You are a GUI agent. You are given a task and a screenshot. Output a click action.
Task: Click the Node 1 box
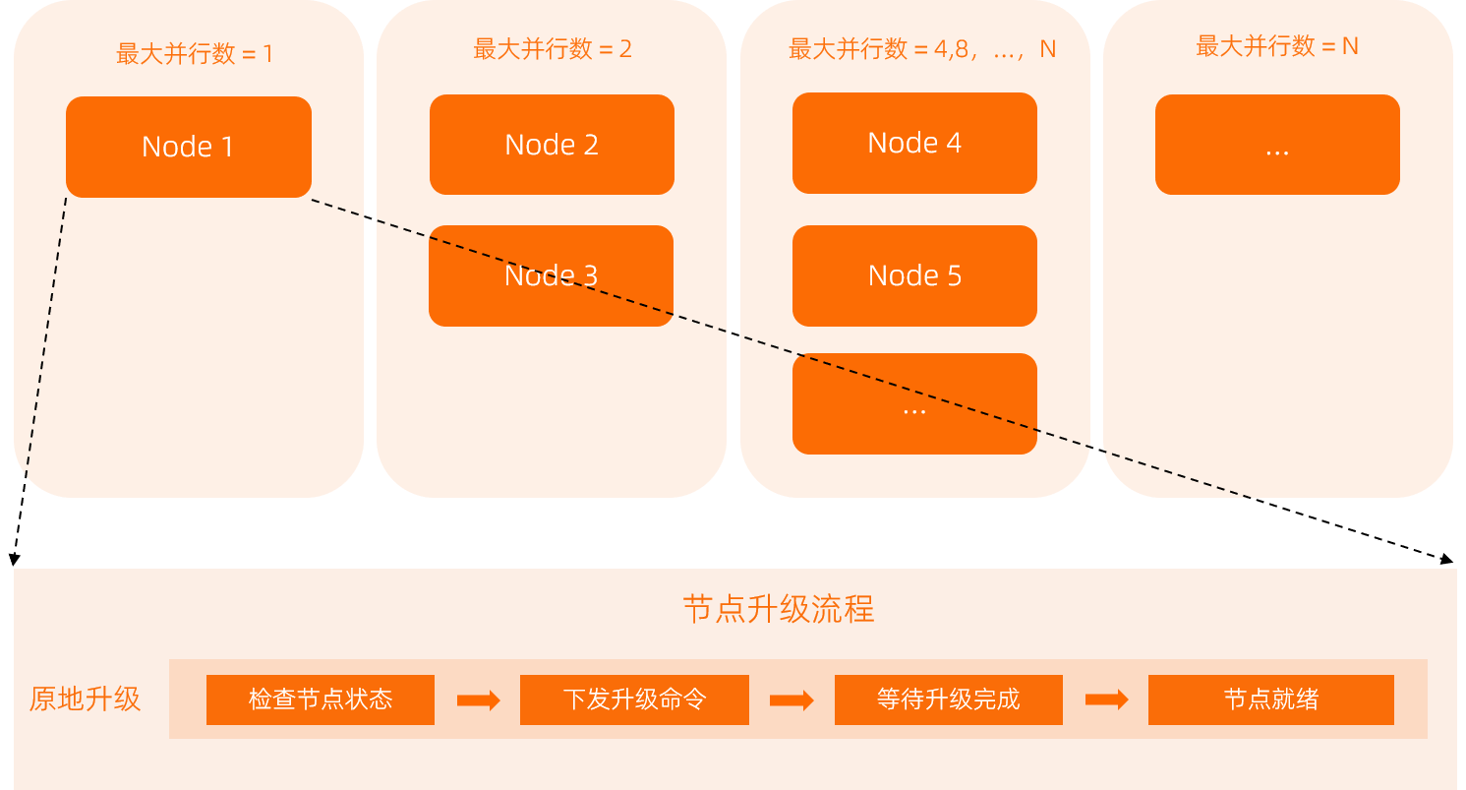[188, 147]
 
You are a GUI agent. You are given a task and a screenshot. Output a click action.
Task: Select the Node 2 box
[552, 145]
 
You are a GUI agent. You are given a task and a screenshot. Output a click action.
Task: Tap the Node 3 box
[551, 275]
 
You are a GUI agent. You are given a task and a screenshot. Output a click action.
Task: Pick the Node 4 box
[914, 143]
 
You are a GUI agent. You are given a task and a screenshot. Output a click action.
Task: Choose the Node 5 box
[914, 275]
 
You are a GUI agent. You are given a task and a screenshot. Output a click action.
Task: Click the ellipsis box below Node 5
[914, 404]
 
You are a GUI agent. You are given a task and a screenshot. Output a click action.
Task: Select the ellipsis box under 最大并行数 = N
[1277, 145]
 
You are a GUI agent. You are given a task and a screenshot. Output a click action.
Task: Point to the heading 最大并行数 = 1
[195, 53]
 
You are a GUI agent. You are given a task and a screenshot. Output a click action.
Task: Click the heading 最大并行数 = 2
[553, 49]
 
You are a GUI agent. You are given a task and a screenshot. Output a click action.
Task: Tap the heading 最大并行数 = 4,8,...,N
[921, 49]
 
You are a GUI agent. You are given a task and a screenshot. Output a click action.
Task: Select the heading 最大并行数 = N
[1276, 46]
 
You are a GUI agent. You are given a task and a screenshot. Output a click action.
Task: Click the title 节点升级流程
[778, 609]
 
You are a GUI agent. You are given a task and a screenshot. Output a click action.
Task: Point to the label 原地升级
[86, 699]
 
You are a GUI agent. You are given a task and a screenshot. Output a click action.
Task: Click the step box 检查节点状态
[321, 699]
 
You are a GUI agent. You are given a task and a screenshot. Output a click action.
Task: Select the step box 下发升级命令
[634, 699]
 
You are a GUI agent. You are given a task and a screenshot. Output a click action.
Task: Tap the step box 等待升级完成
[948, 699]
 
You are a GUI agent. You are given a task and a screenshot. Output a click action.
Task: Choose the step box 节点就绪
[1270, 699]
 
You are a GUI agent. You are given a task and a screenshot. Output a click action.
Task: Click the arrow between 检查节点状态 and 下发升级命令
[478, 700]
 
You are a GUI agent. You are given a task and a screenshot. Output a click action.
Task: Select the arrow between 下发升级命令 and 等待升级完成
[792, 700]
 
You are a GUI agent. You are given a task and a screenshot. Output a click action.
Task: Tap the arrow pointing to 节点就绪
[1106, 699]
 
